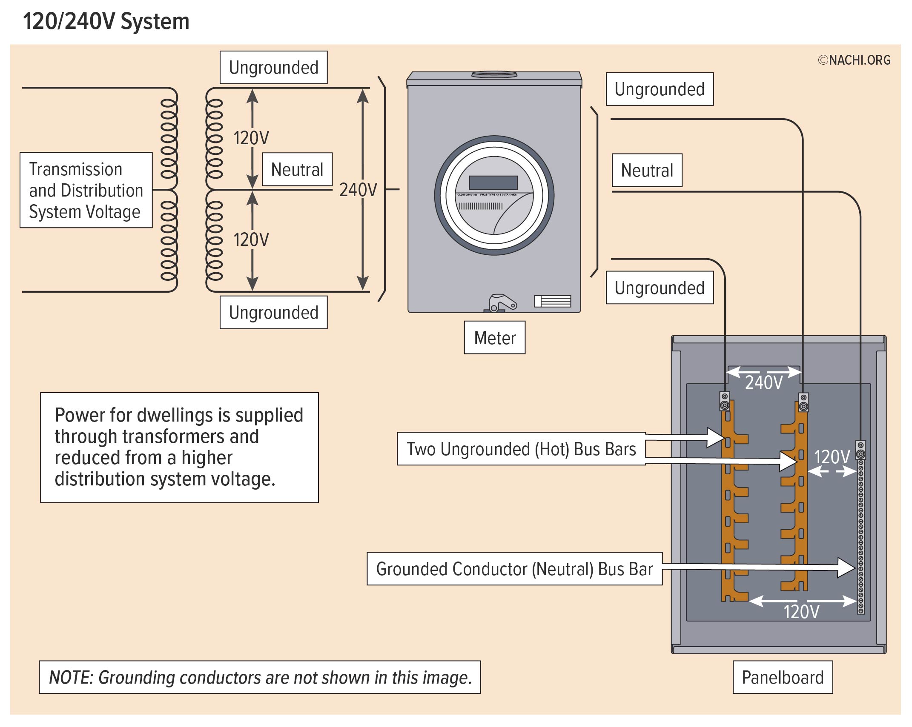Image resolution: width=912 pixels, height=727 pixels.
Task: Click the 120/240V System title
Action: click(x=106, y=21)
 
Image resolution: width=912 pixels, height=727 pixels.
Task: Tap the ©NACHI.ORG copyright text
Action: click(x=854, y=60)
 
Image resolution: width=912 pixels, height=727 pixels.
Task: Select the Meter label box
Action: click(x=494, y=338)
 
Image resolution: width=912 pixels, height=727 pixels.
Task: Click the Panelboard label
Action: click(x=783, y=677)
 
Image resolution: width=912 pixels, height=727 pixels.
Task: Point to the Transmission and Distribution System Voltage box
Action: click(x=86, y=190)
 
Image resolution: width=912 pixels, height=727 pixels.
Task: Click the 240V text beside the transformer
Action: click(x=358, y=190)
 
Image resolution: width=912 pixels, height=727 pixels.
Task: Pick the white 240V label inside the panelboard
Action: click(x=764, y=382)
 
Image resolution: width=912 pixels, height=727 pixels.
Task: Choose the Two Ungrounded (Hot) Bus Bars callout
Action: click(x=521, y=449)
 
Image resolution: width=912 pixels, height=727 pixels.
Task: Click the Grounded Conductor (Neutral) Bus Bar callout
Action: click(x=514, y=569)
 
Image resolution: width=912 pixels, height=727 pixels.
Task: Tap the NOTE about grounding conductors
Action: click(x=260, y=677)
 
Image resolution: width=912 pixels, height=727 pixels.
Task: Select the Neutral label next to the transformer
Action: click(x=297, y=169)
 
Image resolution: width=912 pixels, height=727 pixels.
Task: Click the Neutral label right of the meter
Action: click(x=647, y=170)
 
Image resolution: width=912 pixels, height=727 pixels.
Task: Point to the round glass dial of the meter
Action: click(x=494, y=195)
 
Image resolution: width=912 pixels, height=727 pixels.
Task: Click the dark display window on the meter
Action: click(x=493, y=183)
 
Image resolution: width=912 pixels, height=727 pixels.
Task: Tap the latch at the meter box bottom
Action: click(x=501, y=303)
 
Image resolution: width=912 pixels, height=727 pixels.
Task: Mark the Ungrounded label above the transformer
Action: click(x=273, y=68)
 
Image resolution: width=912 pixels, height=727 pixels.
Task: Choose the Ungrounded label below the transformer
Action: click(x=273, y=313)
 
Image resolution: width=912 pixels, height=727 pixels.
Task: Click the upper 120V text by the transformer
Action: click(x=251, y=138)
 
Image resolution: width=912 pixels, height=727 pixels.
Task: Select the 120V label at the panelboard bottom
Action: click(x=801, y=612)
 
